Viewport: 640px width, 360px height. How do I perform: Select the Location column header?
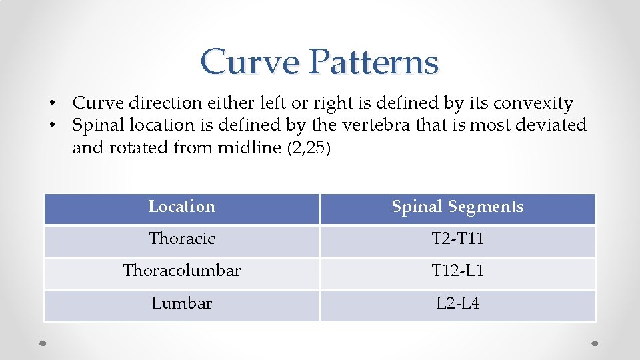pyautogui.click(x=181, y=207)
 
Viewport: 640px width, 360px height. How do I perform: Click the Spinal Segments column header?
pyautogui.click(x=457, y=207)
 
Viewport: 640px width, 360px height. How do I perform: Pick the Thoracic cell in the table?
pyautogui.click(x=181, y=239)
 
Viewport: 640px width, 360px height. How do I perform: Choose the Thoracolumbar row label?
pyautogui.click(x=181, y=271)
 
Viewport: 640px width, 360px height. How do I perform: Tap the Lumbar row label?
pyautogui.click(x=181, y=303)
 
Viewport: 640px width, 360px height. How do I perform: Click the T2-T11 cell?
pyautogui.click(x=457, y=239)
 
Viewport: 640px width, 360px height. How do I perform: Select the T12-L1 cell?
pyautogui.click(x=457, y=271)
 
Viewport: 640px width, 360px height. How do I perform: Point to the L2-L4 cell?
pyautogui.click(x=457, y=303)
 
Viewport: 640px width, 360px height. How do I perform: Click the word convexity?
pyautogui.click(x=533, y=104)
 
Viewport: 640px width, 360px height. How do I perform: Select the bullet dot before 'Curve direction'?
pyautogui.click(x=51, y=104)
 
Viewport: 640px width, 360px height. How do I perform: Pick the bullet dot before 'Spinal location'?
pyautogui.click(x=51, y=125)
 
